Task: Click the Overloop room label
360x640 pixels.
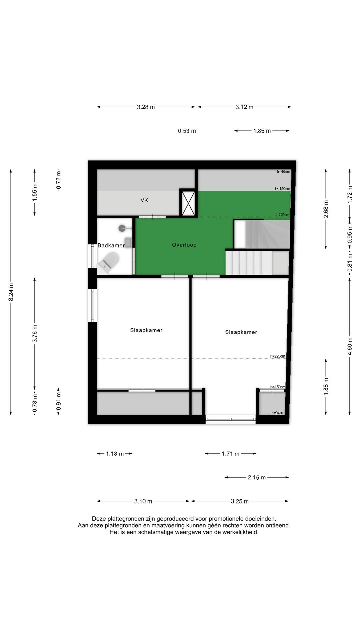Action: click(184, 245)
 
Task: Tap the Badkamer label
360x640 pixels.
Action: click(111, 246)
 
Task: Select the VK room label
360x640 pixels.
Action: click(144, 200)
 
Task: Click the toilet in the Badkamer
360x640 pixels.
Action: click(109, 261)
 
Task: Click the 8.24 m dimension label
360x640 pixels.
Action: click(11, 292)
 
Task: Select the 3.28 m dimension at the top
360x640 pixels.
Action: click(146, 107)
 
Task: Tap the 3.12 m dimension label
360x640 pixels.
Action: click(244, 107)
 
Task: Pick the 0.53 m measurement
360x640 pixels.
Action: click(187, 131)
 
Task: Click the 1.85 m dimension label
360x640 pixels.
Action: click(262, 131)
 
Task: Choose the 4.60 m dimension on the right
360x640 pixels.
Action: click(350, 346)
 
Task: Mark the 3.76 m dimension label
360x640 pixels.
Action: click(35, 333)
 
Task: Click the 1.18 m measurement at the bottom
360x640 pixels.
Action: click(115, 454)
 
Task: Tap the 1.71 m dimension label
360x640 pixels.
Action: click(231, 454)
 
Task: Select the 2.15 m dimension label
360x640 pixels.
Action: click(257, 477)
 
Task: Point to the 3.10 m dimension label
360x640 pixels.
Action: click(143, 501)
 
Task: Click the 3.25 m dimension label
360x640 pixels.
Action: click(240, 501)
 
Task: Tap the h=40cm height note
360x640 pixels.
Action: click(283, 172)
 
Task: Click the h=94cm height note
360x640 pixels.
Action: click(278, 413)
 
